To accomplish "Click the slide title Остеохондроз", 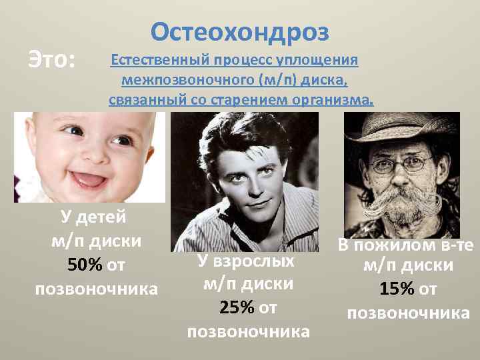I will coord(240,31).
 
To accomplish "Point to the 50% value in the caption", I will coord(85,266).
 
